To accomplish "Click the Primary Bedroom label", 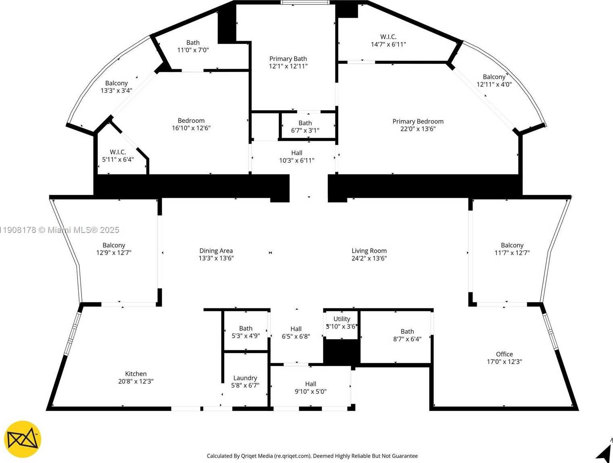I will (x=418, y=121).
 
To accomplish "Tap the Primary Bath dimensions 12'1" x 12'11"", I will (x=288, y=66).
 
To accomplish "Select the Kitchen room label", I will (x=136, y=374).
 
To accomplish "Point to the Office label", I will (x=504, y=354).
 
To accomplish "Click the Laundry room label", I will (x=245, y=378).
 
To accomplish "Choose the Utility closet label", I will (x=341, y=319).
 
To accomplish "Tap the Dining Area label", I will (x=216, y=251).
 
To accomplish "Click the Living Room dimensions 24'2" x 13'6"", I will (x=369, y=258).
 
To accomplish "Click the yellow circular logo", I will (x=23, y=440).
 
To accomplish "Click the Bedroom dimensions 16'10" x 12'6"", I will (x=191, y=128).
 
